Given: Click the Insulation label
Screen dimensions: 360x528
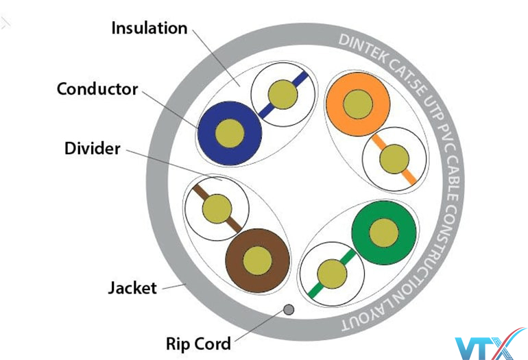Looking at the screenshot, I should (x=149, y=28).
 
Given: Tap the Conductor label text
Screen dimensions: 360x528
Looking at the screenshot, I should (x=97, y=89).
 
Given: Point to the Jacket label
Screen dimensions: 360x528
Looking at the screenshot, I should (x=132, y=287).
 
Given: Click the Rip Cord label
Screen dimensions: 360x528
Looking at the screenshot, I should (x=198, y=341).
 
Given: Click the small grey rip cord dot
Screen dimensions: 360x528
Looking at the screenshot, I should (x=289, y=309).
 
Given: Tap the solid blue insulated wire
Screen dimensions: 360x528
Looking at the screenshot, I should (x=230, y=132).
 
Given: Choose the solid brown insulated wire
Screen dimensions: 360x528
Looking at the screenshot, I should (x=258, y=259).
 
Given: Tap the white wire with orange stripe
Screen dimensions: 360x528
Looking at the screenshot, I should (x=393, y=158).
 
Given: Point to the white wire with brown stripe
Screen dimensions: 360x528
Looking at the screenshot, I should (x=217, y=206).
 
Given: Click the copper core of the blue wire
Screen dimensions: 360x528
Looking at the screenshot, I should (x=230, y=132).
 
